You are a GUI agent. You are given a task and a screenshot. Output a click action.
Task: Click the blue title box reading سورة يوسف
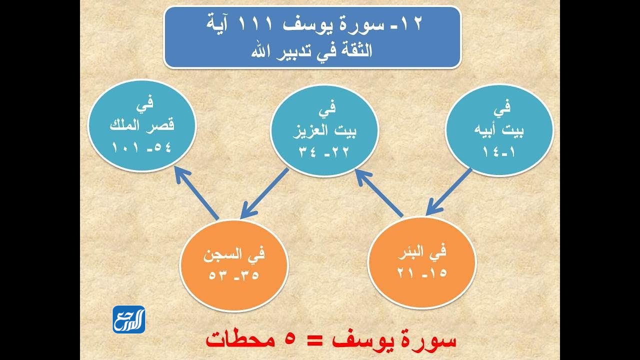point(311,37)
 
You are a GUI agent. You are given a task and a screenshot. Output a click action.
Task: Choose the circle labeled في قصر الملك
point(142,131)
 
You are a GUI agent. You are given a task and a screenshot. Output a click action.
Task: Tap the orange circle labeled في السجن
point(234,263)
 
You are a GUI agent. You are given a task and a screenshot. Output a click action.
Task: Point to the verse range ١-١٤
point(499,149)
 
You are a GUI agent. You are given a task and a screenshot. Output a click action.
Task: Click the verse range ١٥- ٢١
point(422,273)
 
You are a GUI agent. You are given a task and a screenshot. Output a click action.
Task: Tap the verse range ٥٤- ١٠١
point(142,149)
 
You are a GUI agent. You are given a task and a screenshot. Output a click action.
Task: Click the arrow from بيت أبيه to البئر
point(449,192)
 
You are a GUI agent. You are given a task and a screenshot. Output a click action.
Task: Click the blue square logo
point(128,319)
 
